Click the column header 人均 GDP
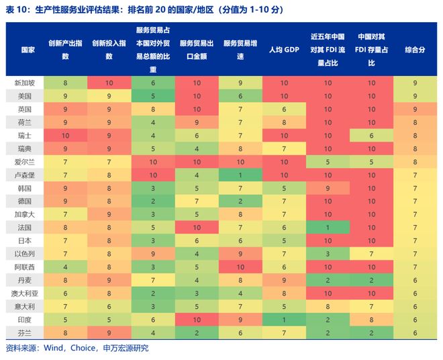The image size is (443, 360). click(284, 50)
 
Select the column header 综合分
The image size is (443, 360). click(415, 50)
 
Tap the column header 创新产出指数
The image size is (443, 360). click(66, 50)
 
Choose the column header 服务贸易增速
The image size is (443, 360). click(240, 50)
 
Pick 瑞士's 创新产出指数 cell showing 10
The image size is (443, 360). click(66, 135)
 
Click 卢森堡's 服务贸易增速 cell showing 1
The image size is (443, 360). click(240, 175)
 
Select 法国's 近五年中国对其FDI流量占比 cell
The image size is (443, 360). click(328, 227)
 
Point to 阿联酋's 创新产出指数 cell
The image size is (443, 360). click(66, 266)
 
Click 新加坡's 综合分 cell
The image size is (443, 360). click(415, 83)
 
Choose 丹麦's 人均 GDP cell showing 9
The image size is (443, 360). click(284, 279)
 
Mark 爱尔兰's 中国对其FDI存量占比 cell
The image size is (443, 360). click(371, 161)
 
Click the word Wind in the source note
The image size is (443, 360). click(54, 348)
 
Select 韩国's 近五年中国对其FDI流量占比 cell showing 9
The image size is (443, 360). click(328, 187)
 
